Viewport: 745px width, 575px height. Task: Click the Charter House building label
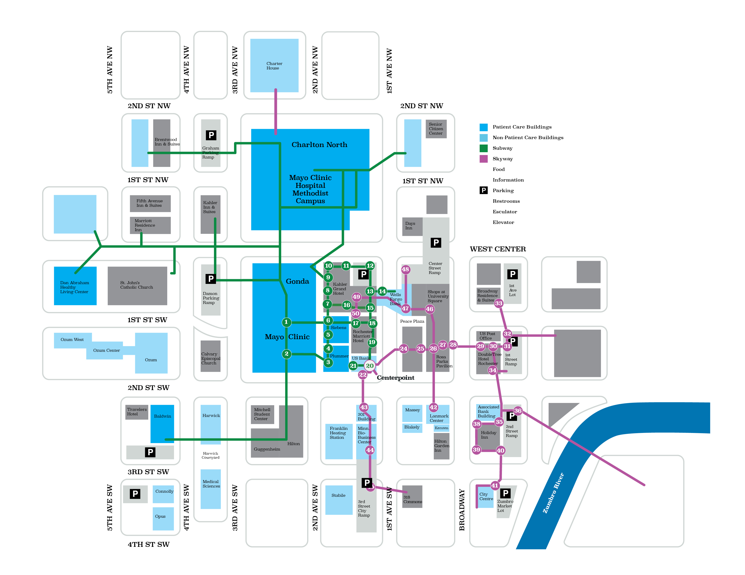click(x=274, y=66)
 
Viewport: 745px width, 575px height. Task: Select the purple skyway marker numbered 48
click(x=405, y=269)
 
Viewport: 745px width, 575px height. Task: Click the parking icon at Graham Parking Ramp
click(x=211, y=135)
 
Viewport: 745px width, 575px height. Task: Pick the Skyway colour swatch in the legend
click(x=483, y=159)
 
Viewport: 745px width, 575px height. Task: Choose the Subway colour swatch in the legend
click(x=483, y=148)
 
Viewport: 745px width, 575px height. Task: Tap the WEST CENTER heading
click(x=498, y=249)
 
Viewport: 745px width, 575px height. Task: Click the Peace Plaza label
click(x=412, y=321)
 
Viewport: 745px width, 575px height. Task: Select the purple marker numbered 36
click(x=518, y=411)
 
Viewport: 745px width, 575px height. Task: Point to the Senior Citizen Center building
click(x=436, y=129)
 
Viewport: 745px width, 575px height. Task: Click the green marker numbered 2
click(x=287, y=354)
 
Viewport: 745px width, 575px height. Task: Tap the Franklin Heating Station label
click(x=338, y=433)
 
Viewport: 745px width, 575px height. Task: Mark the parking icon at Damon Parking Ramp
click(x=211, y=279)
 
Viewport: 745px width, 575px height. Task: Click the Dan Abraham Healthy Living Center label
click(x=74, y=287)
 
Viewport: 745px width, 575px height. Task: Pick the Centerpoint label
click(x=395, y=378)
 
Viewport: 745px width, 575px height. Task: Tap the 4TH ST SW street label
click(x=148, y=545)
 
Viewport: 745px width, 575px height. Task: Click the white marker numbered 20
click(x=370, y=366)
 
